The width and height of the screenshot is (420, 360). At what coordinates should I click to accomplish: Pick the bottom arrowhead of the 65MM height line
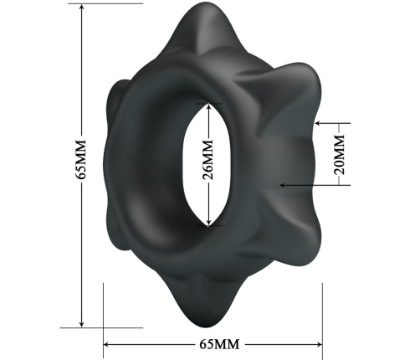[81, 324]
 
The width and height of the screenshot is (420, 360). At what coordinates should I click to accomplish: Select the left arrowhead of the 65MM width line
[107, 343]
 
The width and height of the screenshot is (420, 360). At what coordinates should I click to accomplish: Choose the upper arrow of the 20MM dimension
[319, 123]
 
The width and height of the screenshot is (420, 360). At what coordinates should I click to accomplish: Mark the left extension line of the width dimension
[102, 314]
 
